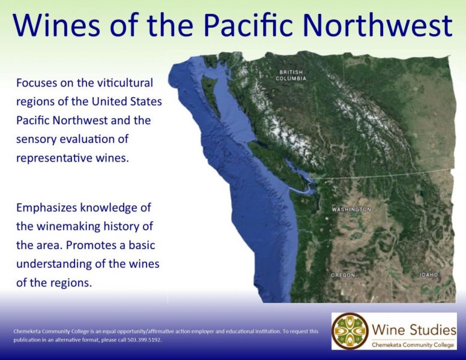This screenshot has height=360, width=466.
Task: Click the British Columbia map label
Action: tap(291, 75)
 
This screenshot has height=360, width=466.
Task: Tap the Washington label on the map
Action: tap(351, 209)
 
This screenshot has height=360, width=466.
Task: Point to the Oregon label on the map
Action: tap(343, 275)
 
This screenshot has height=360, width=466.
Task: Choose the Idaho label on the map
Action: tap(429, 275)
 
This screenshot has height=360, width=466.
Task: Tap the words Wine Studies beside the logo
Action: tap(414, 330)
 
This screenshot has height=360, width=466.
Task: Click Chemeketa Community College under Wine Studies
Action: tap(413, 345)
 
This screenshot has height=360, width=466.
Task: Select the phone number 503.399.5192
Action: tap(145, 340)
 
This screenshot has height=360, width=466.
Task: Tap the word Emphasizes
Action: tap(47, 208)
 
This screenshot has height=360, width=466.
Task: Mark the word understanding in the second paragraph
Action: tap(54, 264)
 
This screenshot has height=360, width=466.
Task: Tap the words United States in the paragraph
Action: tap(127, 101)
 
